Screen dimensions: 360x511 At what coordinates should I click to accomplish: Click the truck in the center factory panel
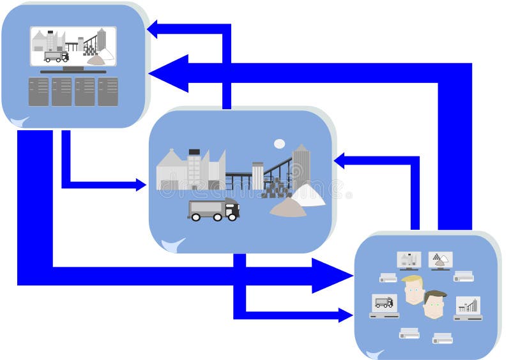[x=213, y=209]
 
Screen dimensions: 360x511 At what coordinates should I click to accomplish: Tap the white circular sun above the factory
[x=279, y=144]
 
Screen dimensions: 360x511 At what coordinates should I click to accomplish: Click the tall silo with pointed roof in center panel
[x=301, y=167]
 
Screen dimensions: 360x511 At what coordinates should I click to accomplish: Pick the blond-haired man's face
[x=413, y=291]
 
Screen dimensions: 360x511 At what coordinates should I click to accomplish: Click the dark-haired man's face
[x=434, y=306]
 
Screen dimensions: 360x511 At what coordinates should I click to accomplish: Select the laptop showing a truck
[x=384, y=305]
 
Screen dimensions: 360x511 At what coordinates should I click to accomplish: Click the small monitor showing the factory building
[x=408, y=260]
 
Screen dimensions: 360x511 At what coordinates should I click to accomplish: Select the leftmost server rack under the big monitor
[x=39, y=91]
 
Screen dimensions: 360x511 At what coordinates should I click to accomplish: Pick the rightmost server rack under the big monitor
[x=108, y=91]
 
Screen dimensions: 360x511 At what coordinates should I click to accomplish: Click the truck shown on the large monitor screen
[x=56, y=56]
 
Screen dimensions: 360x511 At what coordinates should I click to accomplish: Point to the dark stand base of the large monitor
[x=73, y=71]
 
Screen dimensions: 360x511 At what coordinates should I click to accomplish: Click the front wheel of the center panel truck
[x=233, y=216]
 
